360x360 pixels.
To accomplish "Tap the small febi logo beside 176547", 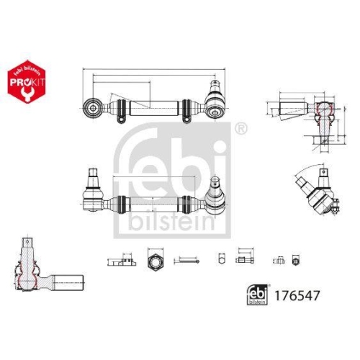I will [x=256, y=294].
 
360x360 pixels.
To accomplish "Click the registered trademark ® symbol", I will [x=240, y=130].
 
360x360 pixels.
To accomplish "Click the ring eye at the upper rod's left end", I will [x=93, y=107].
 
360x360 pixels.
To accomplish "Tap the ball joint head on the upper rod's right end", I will [x=214, y=107].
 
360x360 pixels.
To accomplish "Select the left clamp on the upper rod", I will [x=123, y=109].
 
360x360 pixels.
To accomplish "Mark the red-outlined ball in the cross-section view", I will [x=325, y=111].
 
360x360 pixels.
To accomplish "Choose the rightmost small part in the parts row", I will [x=295, y=258].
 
